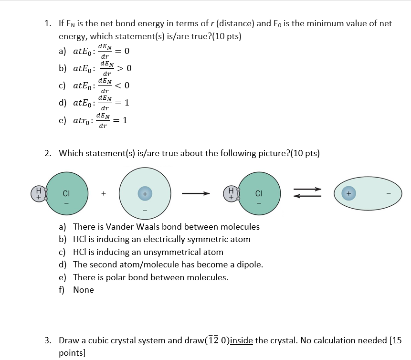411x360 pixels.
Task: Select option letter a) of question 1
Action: tap(62, 51)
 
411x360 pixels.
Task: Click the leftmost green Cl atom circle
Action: tap(67, 193)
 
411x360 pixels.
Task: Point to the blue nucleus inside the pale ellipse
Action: tap(349, 193)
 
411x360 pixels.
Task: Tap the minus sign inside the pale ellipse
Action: tap(389, 194)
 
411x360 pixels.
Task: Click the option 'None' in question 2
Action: tap(84, 290)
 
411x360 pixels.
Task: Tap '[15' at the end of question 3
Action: tap(396, 340)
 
